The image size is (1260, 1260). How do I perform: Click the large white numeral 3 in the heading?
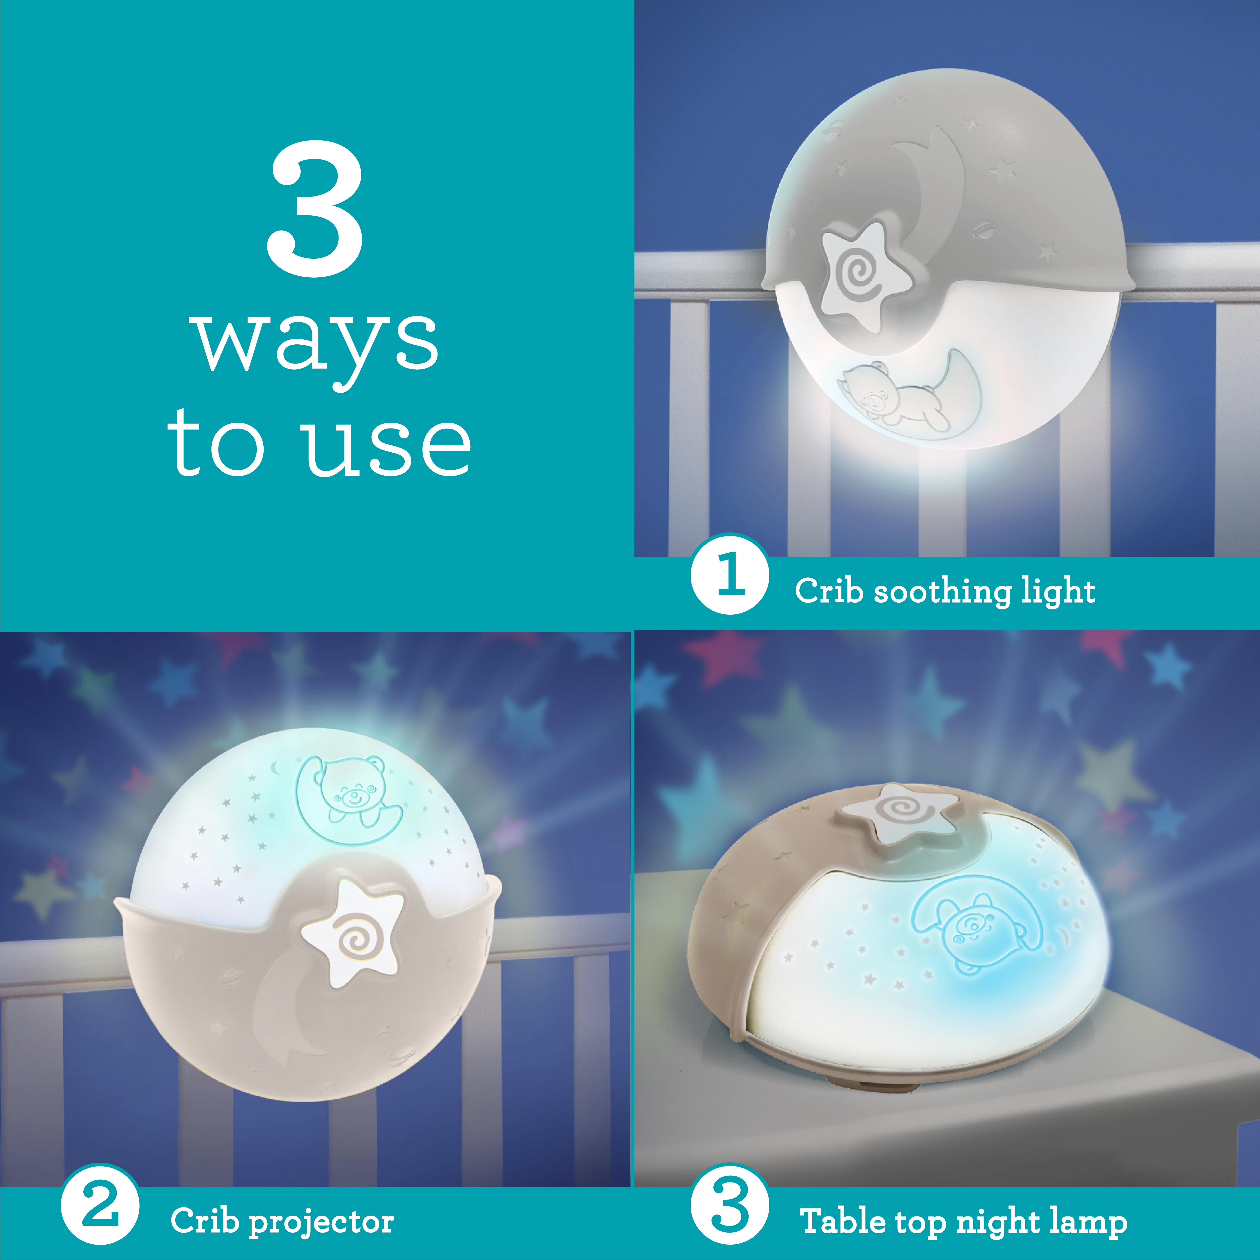click(x=315, y=209)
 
